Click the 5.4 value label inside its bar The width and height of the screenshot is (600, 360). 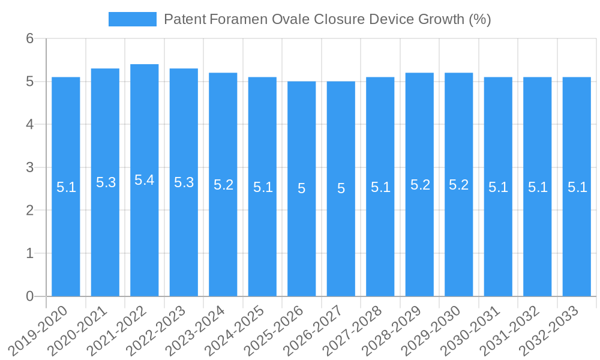[x=145, y=180]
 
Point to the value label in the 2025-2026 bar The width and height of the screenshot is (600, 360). [x=302, y=188]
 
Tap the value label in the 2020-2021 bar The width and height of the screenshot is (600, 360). [x=106, y=182]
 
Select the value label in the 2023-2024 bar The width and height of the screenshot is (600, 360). [x=223, y=185]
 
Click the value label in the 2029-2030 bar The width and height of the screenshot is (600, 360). [x=459, y=185]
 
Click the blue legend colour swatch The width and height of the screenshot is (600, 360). [x=132, y=19]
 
